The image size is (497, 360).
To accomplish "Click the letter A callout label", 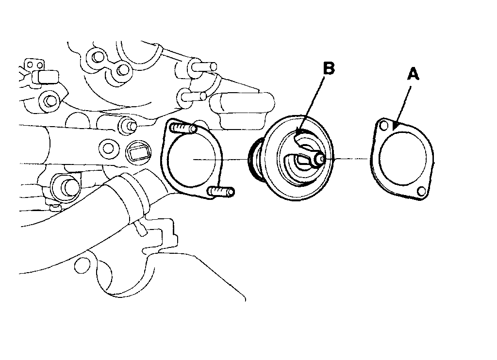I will (x=413, y=74).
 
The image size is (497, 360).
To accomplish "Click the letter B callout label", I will (x=329, y=69).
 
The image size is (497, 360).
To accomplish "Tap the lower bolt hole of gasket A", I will (x=422, y=192).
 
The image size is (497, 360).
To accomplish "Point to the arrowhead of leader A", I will (x=397, y=128).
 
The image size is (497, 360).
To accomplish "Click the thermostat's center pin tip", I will (x=324, y=158).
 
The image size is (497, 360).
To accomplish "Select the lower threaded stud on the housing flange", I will (x=223, y=192).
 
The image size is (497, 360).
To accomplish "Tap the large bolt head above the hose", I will (x=64, y=187).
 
